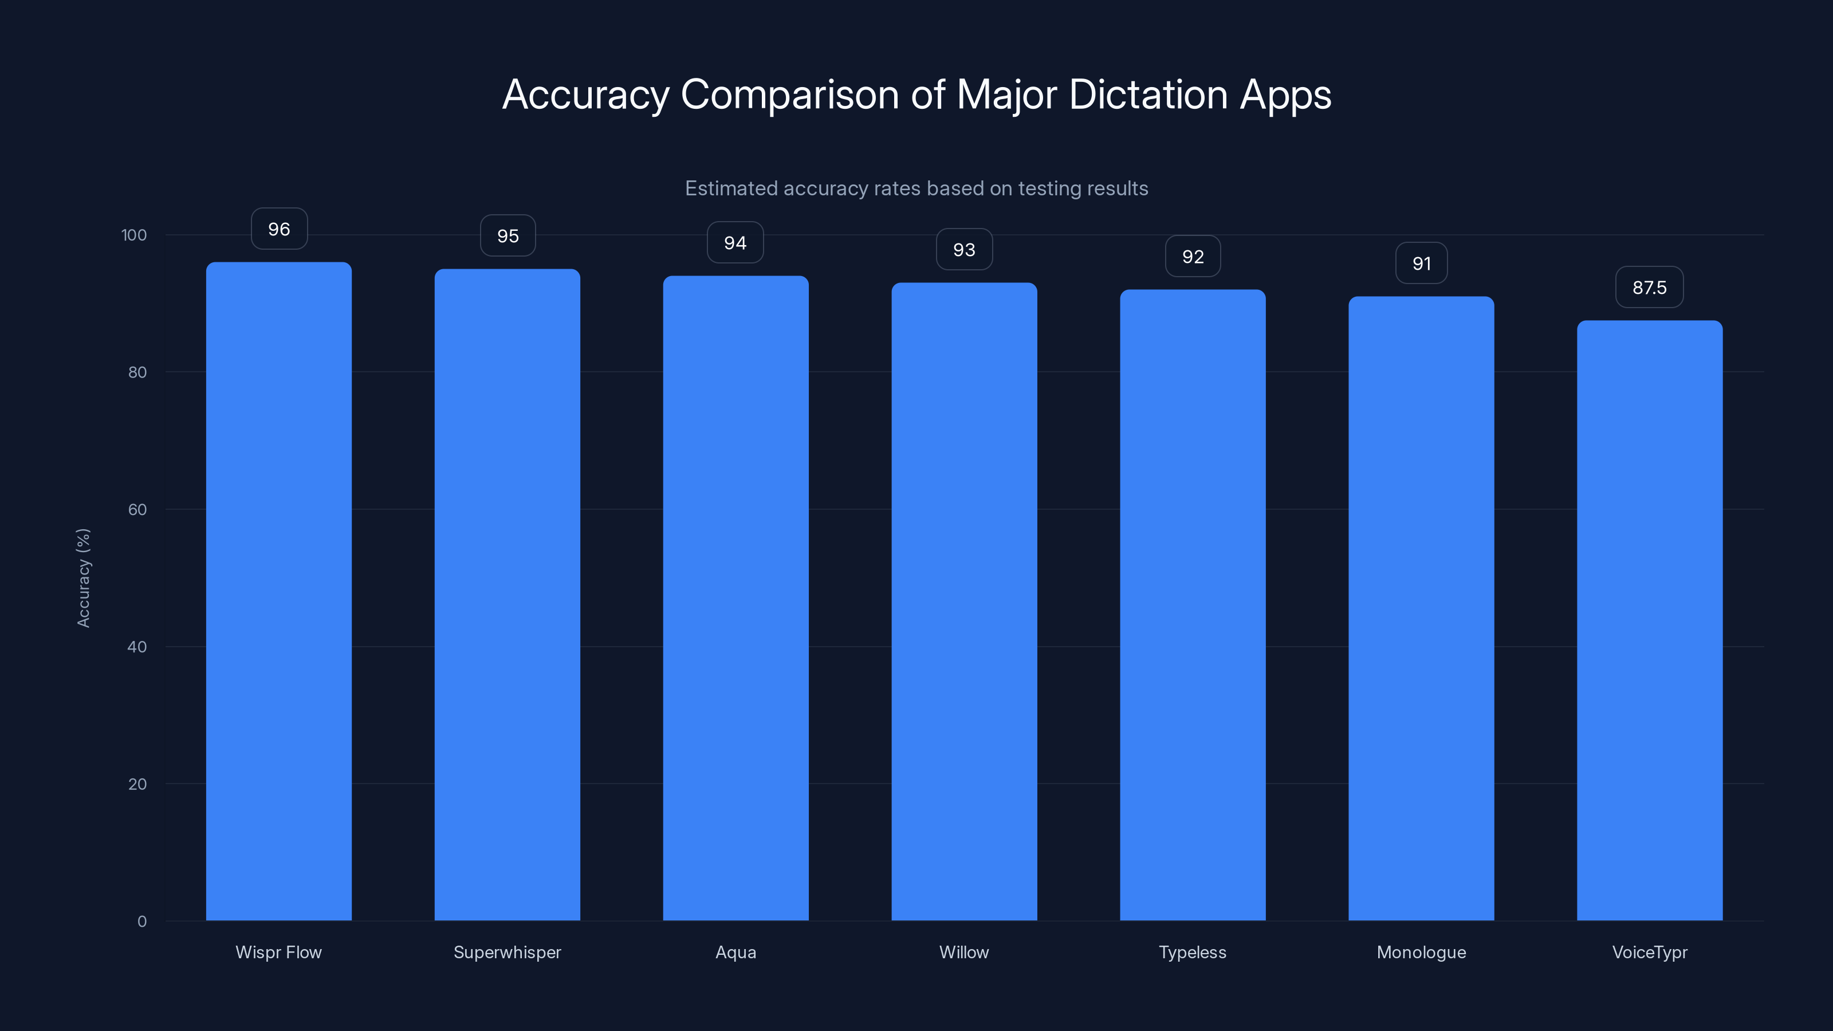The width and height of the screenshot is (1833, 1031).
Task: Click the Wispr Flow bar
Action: tap(278, 591)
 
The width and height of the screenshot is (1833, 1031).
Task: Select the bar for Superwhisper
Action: tap(508, 594)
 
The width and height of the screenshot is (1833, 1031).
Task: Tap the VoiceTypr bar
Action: tap(1650, 619)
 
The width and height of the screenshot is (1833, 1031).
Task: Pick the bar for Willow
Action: tap(964, 601)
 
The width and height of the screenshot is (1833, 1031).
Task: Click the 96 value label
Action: tap(279, 229)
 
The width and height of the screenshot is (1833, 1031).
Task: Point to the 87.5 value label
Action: tap(1650, 288)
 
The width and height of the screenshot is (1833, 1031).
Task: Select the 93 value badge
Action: tap(964, 250)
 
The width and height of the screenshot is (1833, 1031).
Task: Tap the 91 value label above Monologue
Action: tap(1421, 263)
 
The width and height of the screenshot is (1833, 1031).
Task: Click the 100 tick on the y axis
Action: tap(134, 235)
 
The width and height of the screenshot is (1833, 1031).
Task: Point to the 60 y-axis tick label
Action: tap(137, 509)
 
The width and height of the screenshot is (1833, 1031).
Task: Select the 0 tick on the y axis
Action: tap(142, 922)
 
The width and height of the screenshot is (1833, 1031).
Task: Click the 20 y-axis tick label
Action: tap(137, 784)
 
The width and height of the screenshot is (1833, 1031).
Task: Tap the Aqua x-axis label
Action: tap(735, 952)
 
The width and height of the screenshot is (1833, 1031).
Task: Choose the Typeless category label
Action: tap(1193, 952)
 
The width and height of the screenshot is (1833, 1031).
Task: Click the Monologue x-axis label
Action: tap(1421, 952)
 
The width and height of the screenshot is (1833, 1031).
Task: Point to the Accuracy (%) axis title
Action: tap(83, 578)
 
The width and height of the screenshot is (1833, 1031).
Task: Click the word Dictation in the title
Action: tap(1148, 95)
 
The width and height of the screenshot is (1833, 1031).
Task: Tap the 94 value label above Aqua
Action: tap(735, 243)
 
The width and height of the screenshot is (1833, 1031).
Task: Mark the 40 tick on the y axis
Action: tap(137, 647)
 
